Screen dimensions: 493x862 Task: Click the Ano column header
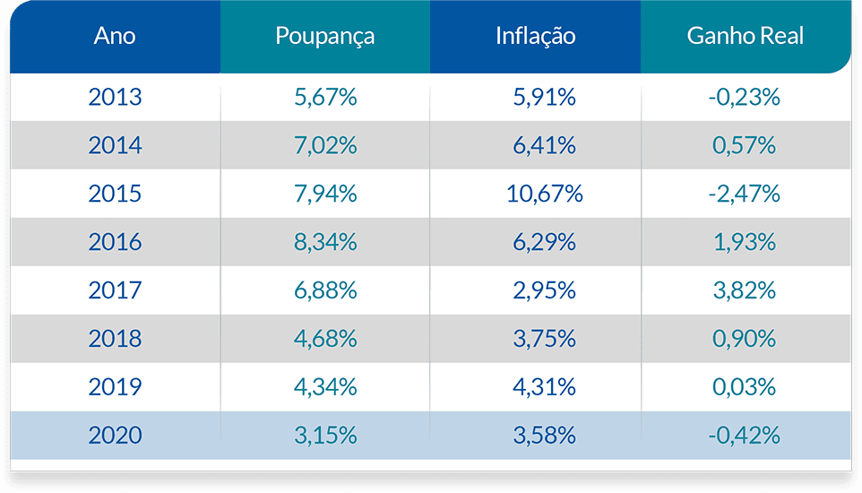[115, 37]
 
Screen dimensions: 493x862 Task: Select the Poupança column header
[324, 37]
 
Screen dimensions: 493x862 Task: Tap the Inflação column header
[535, 37]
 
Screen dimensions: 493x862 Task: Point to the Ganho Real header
[745, 37]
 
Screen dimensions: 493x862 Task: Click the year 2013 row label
[115, 97]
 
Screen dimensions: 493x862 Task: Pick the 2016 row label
[115, 242]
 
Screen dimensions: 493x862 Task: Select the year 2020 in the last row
[115, 436]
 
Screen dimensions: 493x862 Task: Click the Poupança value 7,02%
[325, 145]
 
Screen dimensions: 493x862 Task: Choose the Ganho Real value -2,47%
[744, 194]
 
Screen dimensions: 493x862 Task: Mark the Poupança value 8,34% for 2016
[325, 242]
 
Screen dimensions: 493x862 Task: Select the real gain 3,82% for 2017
[744, 290]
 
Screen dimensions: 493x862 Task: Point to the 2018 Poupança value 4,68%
[325, 339]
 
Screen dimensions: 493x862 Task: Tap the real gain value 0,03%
[744, 387]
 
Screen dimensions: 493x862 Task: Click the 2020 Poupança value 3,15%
[325, 436]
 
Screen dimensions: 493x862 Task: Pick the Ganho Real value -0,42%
[744, 436]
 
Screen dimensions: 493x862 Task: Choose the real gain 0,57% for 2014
[744, 145]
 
